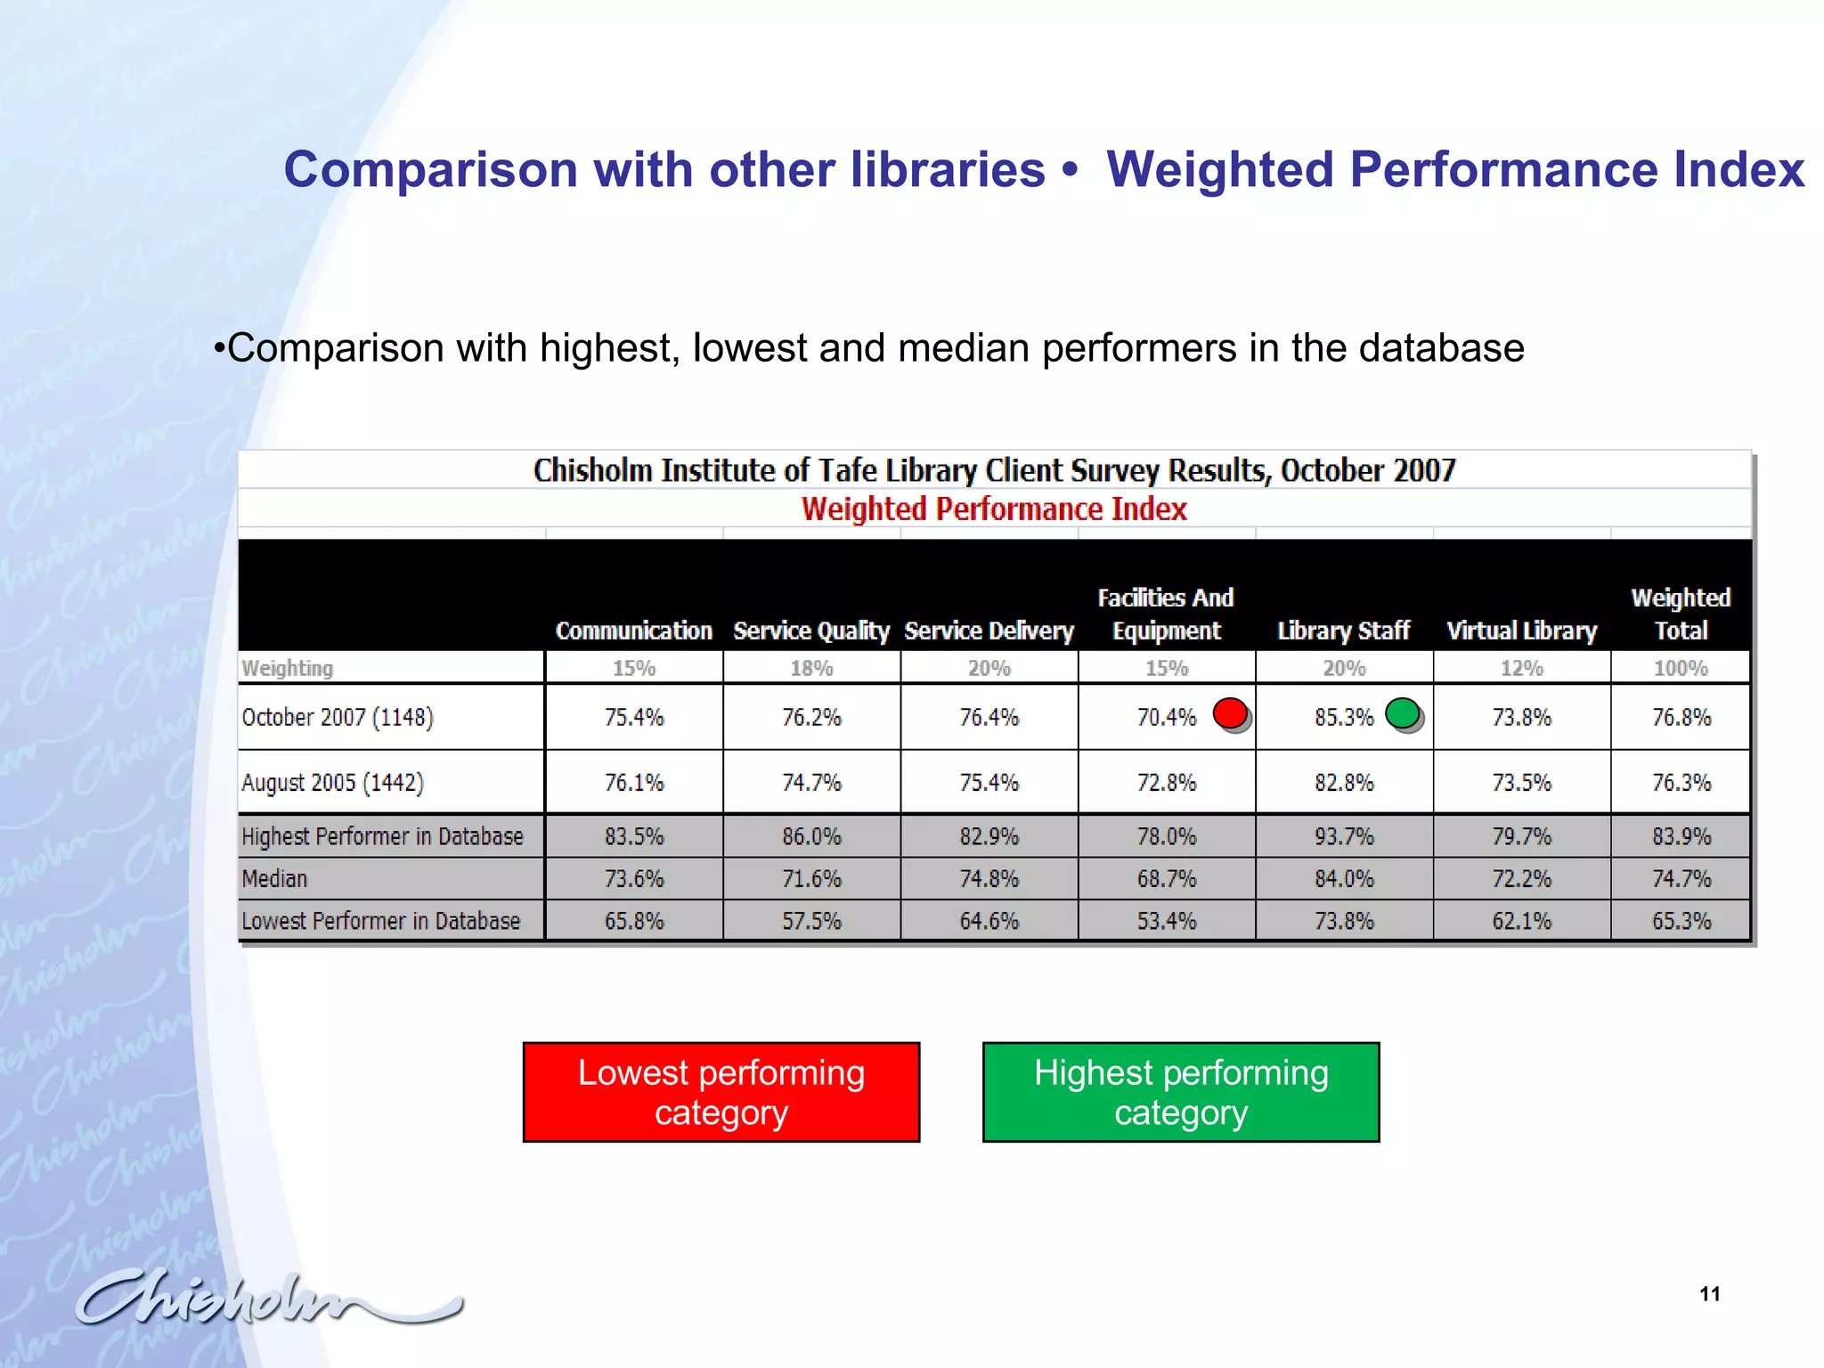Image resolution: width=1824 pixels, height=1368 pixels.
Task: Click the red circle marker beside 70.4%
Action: pyautogui.click(x=1231, y=713)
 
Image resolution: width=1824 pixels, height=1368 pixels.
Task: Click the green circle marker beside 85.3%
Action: pyautogui.click(x=1403, y=713)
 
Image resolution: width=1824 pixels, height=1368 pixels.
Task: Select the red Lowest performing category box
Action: pyautogui.click(x=721, y=1092)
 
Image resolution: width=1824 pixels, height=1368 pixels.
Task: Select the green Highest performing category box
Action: pyautogui.click(x=1181, y=1092)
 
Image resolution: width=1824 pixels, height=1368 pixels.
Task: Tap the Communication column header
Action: pyautogui.click(x=633, y=631)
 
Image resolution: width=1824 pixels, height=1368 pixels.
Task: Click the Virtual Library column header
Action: pyautogui.click(x=1521, y=631)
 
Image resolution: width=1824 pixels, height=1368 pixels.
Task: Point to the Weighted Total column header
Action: pyautogui.click(x=1681, y=615)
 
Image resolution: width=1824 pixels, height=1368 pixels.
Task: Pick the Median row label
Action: pyautogui.click(x=274, y=879)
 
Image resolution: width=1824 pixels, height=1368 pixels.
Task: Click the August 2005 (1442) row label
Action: pyautogui.click(x=333, y=783)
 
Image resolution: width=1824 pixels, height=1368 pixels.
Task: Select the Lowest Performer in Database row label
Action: pyautogui.click(x=381, y=921)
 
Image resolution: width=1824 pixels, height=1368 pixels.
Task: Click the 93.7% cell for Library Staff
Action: pyautogui.click(x=1344, y=837)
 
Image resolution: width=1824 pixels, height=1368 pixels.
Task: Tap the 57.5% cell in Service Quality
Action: pyautogui.click(x=811, y=921)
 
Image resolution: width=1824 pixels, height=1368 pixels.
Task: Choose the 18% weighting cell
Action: pyautogui.click(x=811, y=668)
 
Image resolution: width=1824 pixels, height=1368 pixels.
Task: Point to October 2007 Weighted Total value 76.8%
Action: pyautogui.click(x=1681, y=718)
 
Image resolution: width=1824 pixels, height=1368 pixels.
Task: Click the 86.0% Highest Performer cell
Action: pyautogui.click(x=811, y=837)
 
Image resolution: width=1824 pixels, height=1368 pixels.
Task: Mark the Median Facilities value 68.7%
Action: pyautogui.click(x=1167, y=879)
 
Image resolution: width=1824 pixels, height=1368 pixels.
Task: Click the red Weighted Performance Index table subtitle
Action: pyautogui.click(x=994, y=509)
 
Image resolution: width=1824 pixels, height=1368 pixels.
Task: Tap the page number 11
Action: pyautogui.click(x=1709, y=1294)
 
